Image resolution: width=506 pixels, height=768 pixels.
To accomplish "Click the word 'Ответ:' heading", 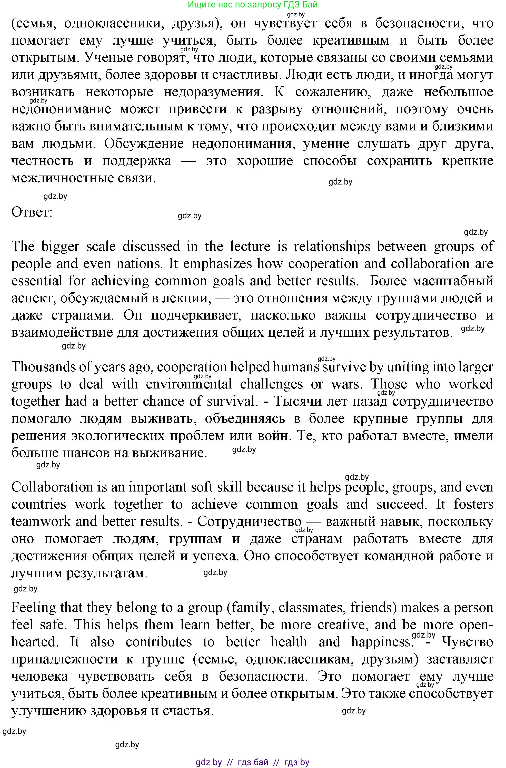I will (32, 212).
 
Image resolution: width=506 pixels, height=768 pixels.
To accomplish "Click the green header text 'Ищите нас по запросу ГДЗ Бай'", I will (253, 5).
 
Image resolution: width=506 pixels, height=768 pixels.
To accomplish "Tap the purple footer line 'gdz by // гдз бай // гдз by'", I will (253, 760).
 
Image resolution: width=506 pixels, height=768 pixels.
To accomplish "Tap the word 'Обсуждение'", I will (144, 144).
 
